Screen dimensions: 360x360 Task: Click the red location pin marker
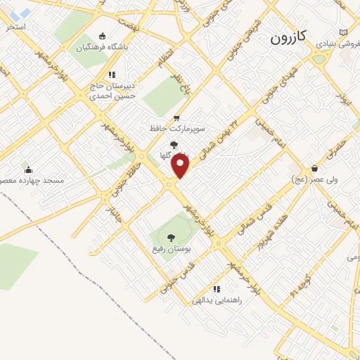coord(181,166)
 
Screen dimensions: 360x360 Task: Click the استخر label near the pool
coord(15,26)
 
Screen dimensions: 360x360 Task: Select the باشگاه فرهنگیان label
coord(102,49)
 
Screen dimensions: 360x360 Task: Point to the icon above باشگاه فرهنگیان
coord(103,37)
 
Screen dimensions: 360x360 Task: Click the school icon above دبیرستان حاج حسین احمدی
coord(111,75)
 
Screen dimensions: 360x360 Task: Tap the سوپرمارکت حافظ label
coord(177,129)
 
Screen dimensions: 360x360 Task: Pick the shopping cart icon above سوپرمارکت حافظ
coord(176,117)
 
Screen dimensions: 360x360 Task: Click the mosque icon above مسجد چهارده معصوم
coord(28,169)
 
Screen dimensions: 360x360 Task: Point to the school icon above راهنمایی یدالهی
coord(217,288)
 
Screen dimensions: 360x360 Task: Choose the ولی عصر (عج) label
coord(314,180)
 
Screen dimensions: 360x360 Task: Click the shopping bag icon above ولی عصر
coord(314,168)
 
